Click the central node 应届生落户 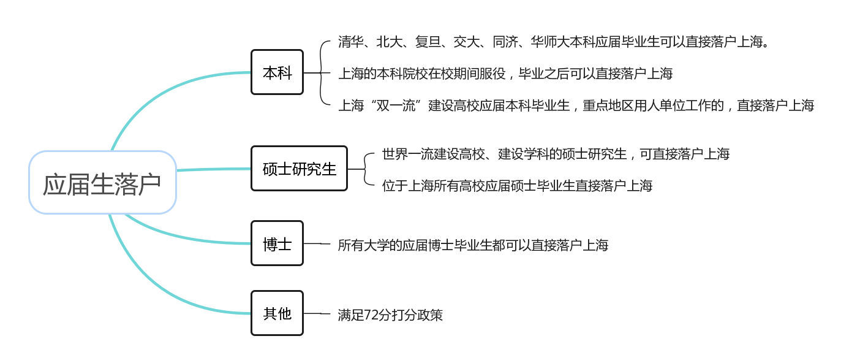click(102, 183)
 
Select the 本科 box click(277, 72)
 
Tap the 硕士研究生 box click(299, 169)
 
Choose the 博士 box click(277, 243)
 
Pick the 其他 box click(277, 313)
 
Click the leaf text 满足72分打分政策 click(390, 315)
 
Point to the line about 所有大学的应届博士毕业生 click(473, 245)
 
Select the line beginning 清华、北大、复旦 click(554, 42)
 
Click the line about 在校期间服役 click(505, 74)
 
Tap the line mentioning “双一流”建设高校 click(576, 105)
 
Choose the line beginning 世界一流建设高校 click(556, 154)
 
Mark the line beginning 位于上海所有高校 click(517, 186)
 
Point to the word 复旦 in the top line click(428, 42)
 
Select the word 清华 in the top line click(350, 42)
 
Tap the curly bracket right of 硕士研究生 click(365, 169)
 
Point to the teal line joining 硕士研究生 click(214, 169)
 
